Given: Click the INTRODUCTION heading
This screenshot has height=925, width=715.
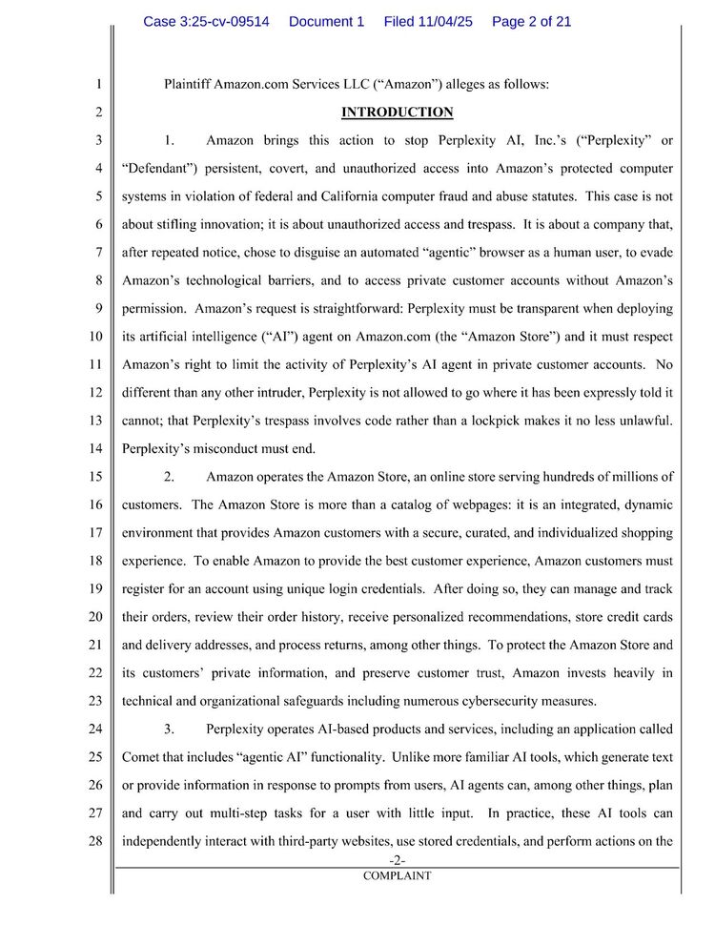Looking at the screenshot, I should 398,113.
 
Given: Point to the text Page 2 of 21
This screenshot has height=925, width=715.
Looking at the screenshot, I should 531,22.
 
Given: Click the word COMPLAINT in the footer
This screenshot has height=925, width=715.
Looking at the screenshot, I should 397,875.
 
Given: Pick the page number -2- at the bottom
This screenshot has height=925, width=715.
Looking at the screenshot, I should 397,861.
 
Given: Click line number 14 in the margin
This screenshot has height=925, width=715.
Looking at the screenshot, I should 96,448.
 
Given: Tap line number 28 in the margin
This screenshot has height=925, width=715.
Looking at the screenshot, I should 96,841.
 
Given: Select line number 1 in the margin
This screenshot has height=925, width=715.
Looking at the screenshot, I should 99,84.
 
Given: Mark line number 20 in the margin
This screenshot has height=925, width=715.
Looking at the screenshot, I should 96,617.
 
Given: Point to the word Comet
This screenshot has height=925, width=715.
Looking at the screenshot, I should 144,757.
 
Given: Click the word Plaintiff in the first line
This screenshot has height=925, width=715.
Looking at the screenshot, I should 187,84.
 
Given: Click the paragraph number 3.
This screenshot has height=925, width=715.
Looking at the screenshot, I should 169,730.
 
